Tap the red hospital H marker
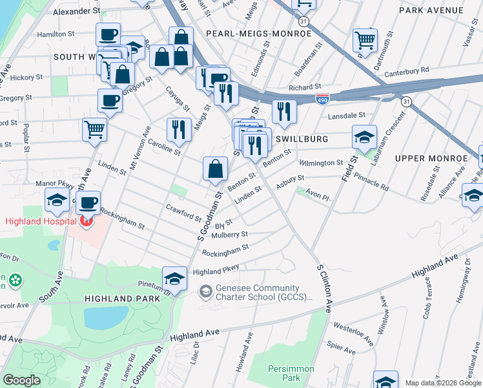[86, 222]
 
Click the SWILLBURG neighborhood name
[302, 139]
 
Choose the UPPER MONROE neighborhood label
[431, 158]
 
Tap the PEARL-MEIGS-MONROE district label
[258, 33]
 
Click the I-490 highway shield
[323, 99]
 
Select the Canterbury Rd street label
[407, 70]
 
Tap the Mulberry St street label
[232, 235]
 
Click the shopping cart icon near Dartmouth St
[365, 39]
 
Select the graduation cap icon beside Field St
[364, 136]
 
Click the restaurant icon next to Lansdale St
[283, 111]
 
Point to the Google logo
[21, 380]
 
